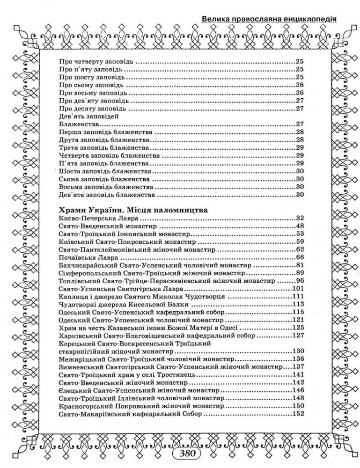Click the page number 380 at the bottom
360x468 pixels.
[186, 453]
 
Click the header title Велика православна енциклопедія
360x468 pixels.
[269, 19]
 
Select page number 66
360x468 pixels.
[300, 257]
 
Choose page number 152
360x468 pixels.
[298, 414]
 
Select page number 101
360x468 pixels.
[298, 288]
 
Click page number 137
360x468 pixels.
[298, 367]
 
